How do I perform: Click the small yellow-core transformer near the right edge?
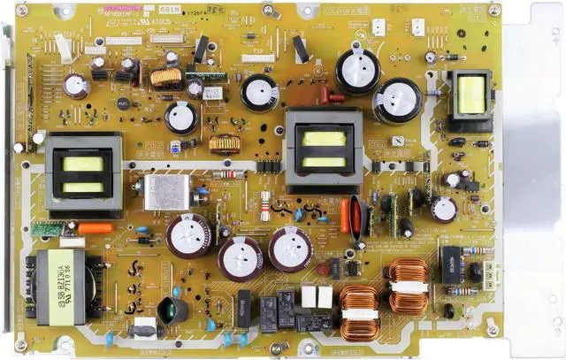pos(470,95)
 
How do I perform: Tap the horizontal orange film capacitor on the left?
pos(96,228)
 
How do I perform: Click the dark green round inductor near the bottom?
pos(172,310)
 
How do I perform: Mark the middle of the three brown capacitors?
pos(241,258)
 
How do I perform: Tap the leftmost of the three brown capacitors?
pos(189,235)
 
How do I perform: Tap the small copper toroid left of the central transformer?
pos(226,143)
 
